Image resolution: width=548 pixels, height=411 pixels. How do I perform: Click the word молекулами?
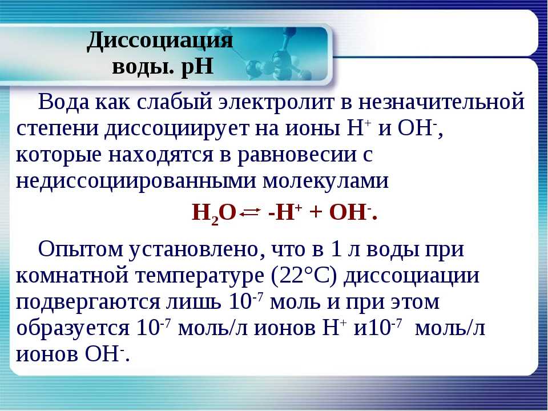coord(325,181)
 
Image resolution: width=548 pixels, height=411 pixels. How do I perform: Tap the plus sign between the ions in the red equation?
coord(316,213)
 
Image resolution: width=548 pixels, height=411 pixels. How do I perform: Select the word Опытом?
coord(80,250)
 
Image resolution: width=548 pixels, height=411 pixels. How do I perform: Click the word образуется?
coord(73,329)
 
